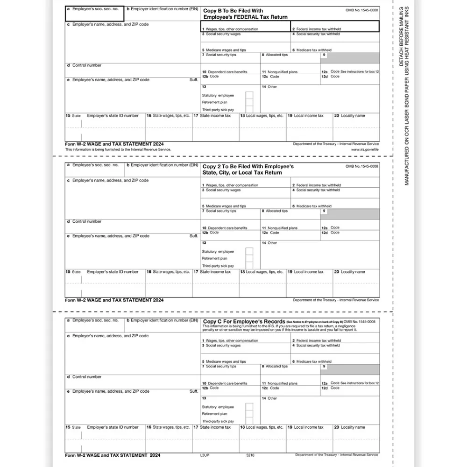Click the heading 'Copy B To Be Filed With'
click(233, 11)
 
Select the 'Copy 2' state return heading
click(248, 167)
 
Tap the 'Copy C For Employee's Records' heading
click(244, 322)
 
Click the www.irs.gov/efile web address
click(366, 149)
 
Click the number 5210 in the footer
click(250, 455)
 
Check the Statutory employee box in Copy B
click(249, 95)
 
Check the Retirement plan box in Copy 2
click(249, 258)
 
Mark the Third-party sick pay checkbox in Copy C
click(249, 421)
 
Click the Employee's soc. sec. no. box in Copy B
click(95, 14)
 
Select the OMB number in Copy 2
click(362, 166)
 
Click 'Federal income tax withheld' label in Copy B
click(318, 29)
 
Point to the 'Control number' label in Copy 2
click(86, 221)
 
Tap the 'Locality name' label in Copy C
click(353, 427)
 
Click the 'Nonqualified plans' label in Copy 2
click(282, 228)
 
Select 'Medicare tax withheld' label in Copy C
click(314, 361)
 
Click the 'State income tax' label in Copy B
click(215, 116)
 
